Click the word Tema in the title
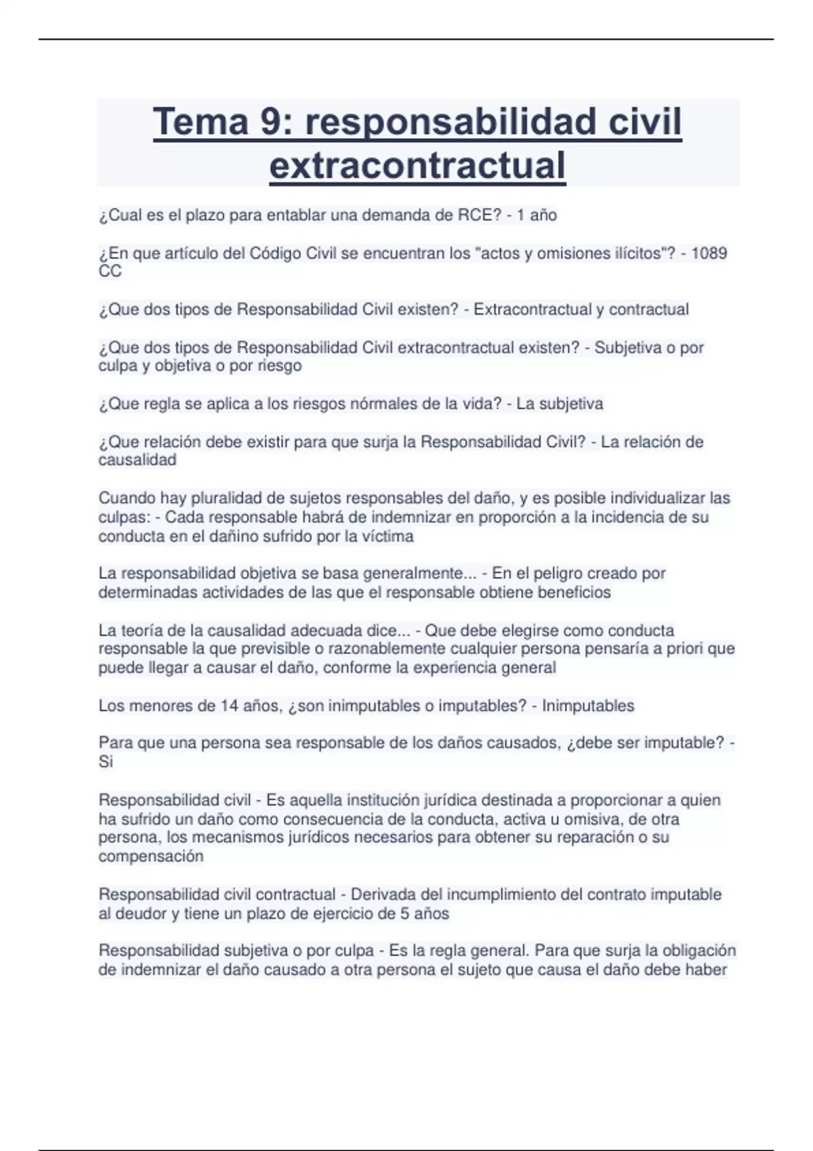click(201, 123)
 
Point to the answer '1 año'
click(537, 215)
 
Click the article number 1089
click(709, 253)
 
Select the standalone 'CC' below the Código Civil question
click(110, 272)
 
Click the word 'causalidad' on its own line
click(138, 460)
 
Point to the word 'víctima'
click(388, 536)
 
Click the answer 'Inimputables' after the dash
click(588, 705)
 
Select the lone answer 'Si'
click(106, 762)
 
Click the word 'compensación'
click(151, 856)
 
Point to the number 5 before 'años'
click(404, 913)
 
